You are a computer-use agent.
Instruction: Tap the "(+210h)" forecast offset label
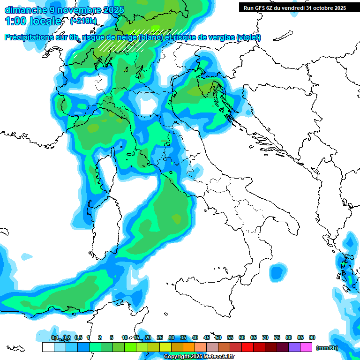(83, 21)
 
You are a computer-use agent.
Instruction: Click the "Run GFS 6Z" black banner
(295, 8)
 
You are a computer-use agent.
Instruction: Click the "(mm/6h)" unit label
(327, 348)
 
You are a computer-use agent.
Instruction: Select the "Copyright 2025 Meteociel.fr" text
(199, 357)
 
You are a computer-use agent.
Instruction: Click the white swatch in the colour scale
(48, 347)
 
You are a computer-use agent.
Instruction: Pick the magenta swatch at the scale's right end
(306, 347)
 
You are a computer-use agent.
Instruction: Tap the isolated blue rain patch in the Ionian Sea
(278, 272)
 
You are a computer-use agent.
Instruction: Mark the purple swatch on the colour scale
(294, 347)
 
